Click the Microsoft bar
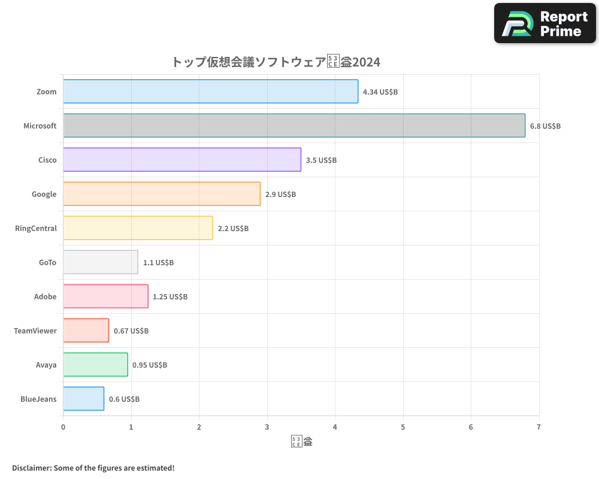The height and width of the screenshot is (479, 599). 294,126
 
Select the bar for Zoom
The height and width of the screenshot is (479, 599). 210,92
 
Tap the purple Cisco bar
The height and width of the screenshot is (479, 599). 181,160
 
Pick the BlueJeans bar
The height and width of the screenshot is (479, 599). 83,399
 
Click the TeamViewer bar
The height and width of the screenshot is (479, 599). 86,331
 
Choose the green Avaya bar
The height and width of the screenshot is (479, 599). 95,365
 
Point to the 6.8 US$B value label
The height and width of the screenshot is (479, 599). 545,126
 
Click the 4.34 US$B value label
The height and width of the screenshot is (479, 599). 380,92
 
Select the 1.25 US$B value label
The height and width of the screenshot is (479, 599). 170,297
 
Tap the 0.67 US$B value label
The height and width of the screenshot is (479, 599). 131,331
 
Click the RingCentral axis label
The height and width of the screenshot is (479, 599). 36,228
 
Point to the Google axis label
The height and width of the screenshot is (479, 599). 44,194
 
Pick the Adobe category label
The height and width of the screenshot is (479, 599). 46,296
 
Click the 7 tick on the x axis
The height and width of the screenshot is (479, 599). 539,427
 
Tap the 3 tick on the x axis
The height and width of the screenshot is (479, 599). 267,427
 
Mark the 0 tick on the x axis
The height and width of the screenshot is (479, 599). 63,427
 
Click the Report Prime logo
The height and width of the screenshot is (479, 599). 545,23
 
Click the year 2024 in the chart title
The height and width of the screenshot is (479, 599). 366,62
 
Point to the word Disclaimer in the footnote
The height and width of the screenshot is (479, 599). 31,468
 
